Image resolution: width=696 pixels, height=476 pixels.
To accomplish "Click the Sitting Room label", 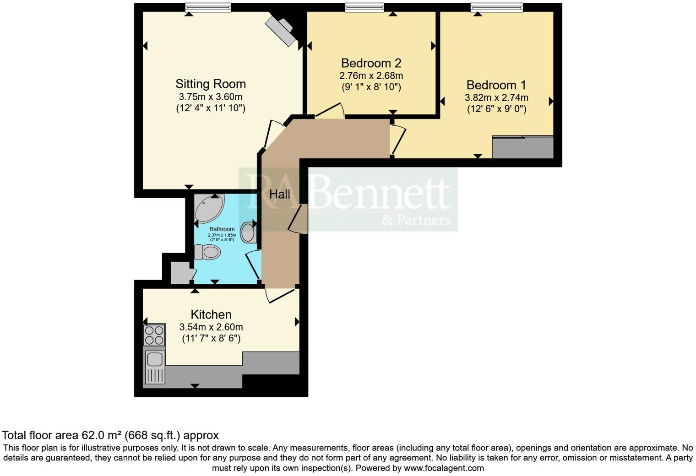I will point(211,84).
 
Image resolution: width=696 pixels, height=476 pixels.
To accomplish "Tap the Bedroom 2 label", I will point(371,63).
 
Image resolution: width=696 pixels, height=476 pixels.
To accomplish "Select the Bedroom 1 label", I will point(496,85).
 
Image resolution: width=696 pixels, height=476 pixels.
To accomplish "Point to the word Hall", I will point(279,194).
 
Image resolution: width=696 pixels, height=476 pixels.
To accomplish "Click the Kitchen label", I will point(211,314).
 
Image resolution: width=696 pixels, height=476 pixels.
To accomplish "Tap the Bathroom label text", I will point(222,229).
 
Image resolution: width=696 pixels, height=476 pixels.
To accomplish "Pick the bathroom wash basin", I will point(248,232).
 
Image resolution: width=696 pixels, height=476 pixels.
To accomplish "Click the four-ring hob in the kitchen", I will point(154,335).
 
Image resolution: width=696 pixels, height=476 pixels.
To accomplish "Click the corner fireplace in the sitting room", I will point(281,31).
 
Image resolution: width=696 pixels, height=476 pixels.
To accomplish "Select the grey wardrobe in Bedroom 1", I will point(523,147).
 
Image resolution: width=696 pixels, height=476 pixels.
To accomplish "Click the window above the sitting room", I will point(208,7).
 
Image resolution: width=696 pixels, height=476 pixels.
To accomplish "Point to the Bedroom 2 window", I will point(364,7).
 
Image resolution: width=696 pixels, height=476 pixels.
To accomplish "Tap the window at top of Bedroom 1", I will point(496,7).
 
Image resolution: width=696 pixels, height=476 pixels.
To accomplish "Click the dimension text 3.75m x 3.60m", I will point(211,97).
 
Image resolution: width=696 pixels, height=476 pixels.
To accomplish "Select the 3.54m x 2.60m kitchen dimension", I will point(211,327).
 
